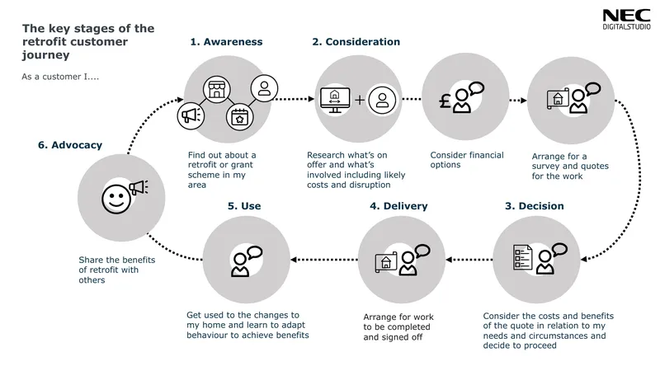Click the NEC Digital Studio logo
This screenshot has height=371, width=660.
pyautogui.click(x=626, y=20)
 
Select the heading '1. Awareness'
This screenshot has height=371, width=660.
pyautogui.click(x=226, y=42)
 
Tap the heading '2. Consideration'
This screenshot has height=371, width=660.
pyautogui.click(x=356, y=42)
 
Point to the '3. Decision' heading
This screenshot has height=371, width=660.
pyautogui.click(x=534, y=205)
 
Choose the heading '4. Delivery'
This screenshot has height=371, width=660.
pyautogui.click(x=398, y=205)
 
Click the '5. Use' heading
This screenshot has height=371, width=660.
pyautogui.click(x=244, y=205)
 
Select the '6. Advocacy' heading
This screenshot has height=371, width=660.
pyautogui.click(x=70, y=145)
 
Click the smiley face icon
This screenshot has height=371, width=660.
pyautogui.click(x=116, y=199)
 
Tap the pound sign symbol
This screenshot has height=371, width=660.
pyautogui.click(x=445, y=101)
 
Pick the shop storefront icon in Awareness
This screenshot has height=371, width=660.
pyautogui.click(x=217, y=90)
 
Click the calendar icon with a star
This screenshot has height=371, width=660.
pyautogui.click(x=239, y=117)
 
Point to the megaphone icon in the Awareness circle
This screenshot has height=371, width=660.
pyautogui.click(x=191, y=115)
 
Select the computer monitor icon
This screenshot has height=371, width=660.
pyautogui.click(x=335, y=100)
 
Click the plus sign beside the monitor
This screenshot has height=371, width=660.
pyautogui.click(x=360, y=100)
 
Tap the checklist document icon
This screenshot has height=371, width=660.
pyautogui.click(x=522, y=257)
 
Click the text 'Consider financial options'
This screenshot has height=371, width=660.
pyautogui.click(x=467, y=160)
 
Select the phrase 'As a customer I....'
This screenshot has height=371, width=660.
pyautogui.click(x=60, y=77)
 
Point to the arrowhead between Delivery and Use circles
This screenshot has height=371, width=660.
pyautogui.click(x=294, y=260)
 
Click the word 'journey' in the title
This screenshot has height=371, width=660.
pyautogui.click(x=46, y=55)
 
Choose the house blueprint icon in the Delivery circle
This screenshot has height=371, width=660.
pyautogui.click(x=386, y=262)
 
